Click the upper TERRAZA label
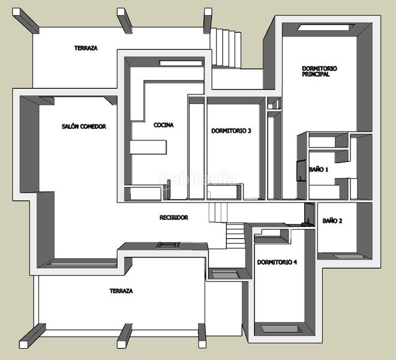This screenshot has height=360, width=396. click(86, 48)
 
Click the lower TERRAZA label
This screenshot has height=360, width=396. click(121, 291)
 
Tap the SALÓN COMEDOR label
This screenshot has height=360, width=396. click(83, 127)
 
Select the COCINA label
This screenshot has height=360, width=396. click(163, 125)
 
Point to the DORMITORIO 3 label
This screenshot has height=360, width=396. click(231, 131)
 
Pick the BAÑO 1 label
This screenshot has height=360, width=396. click(319, 170)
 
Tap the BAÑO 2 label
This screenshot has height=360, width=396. click(332, 221)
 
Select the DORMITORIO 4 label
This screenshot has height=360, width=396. click(277, 262)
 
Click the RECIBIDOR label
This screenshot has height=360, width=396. click(174, 217)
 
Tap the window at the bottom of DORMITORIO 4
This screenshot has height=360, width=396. click(277, 329)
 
